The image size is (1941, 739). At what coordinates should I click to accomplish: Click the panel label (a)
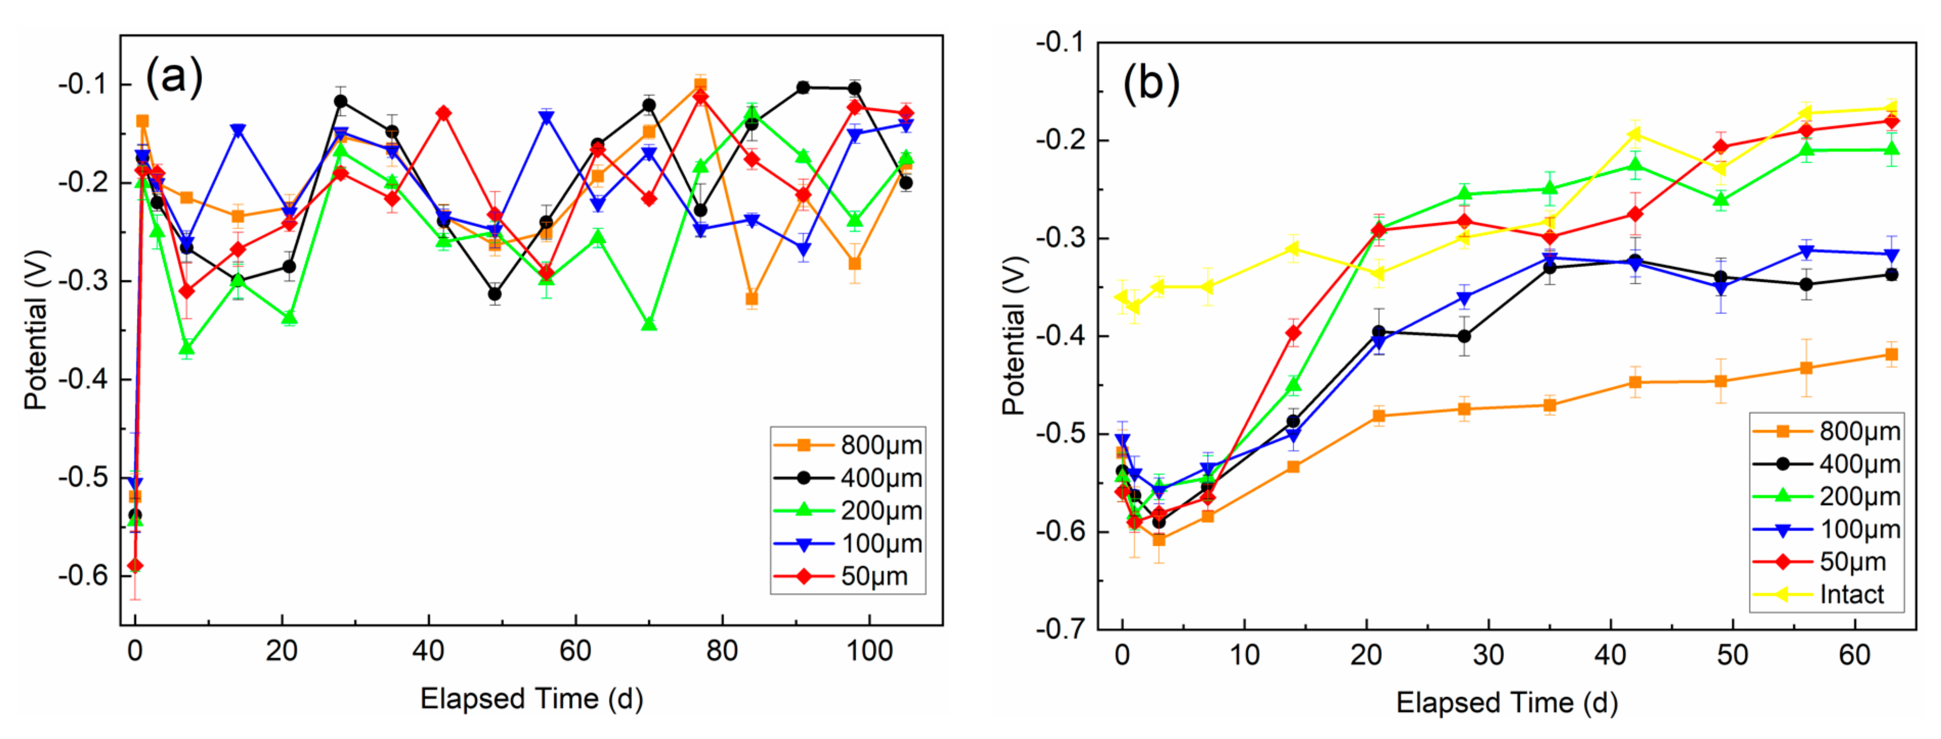click(x=174, y=77)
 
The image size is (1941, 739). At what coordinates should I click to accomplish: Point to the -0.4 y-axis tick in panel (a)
click(x=83, y=379)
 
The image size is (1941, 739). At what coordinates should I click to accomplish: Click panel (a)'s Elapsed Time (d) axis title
click(x=531, y=698)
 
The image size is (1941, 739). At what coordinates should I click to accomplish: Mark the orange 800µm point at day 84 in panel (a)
click(x=751, y=299)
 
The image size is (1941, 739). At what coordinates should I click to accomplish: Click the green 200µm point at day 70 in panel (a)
click(x=649, y=324)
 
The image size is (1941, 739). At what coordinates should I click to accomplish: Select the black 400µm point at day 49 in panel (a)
click(x=494, y=294)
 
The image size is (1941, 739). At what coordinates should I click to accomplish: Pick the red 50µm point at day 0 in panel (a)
click(x=135, y=566)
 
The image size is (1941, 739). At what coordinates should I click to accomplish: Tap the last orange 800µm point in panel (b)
click(x=1891, y=355)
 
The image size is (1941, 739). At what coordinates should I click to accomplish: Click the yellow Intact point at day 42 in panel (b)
click(x=1635, y=134)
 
